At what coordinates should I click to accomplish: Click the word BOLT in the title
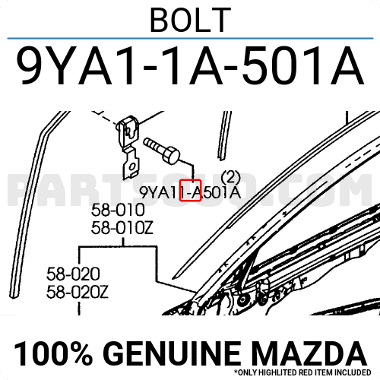coord(191,20)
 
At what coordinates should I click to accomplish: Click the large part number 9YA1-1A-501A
coord(190,66)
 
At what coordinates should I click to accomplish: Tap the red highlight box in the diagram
coord(190,190)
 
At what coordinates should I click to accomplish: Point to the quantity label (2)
coord(230,178)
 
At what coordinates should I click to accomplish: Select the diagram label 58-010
coord(118,211)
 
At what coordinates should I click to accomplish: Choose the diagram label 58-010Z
coord(122,228)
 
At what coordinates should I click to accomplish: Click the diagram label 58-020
coord(73,274)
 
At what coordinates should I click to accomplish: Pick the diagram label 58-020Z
coord(78,292)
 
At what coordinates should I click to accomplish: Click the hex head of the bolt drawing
coord(170,155)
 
